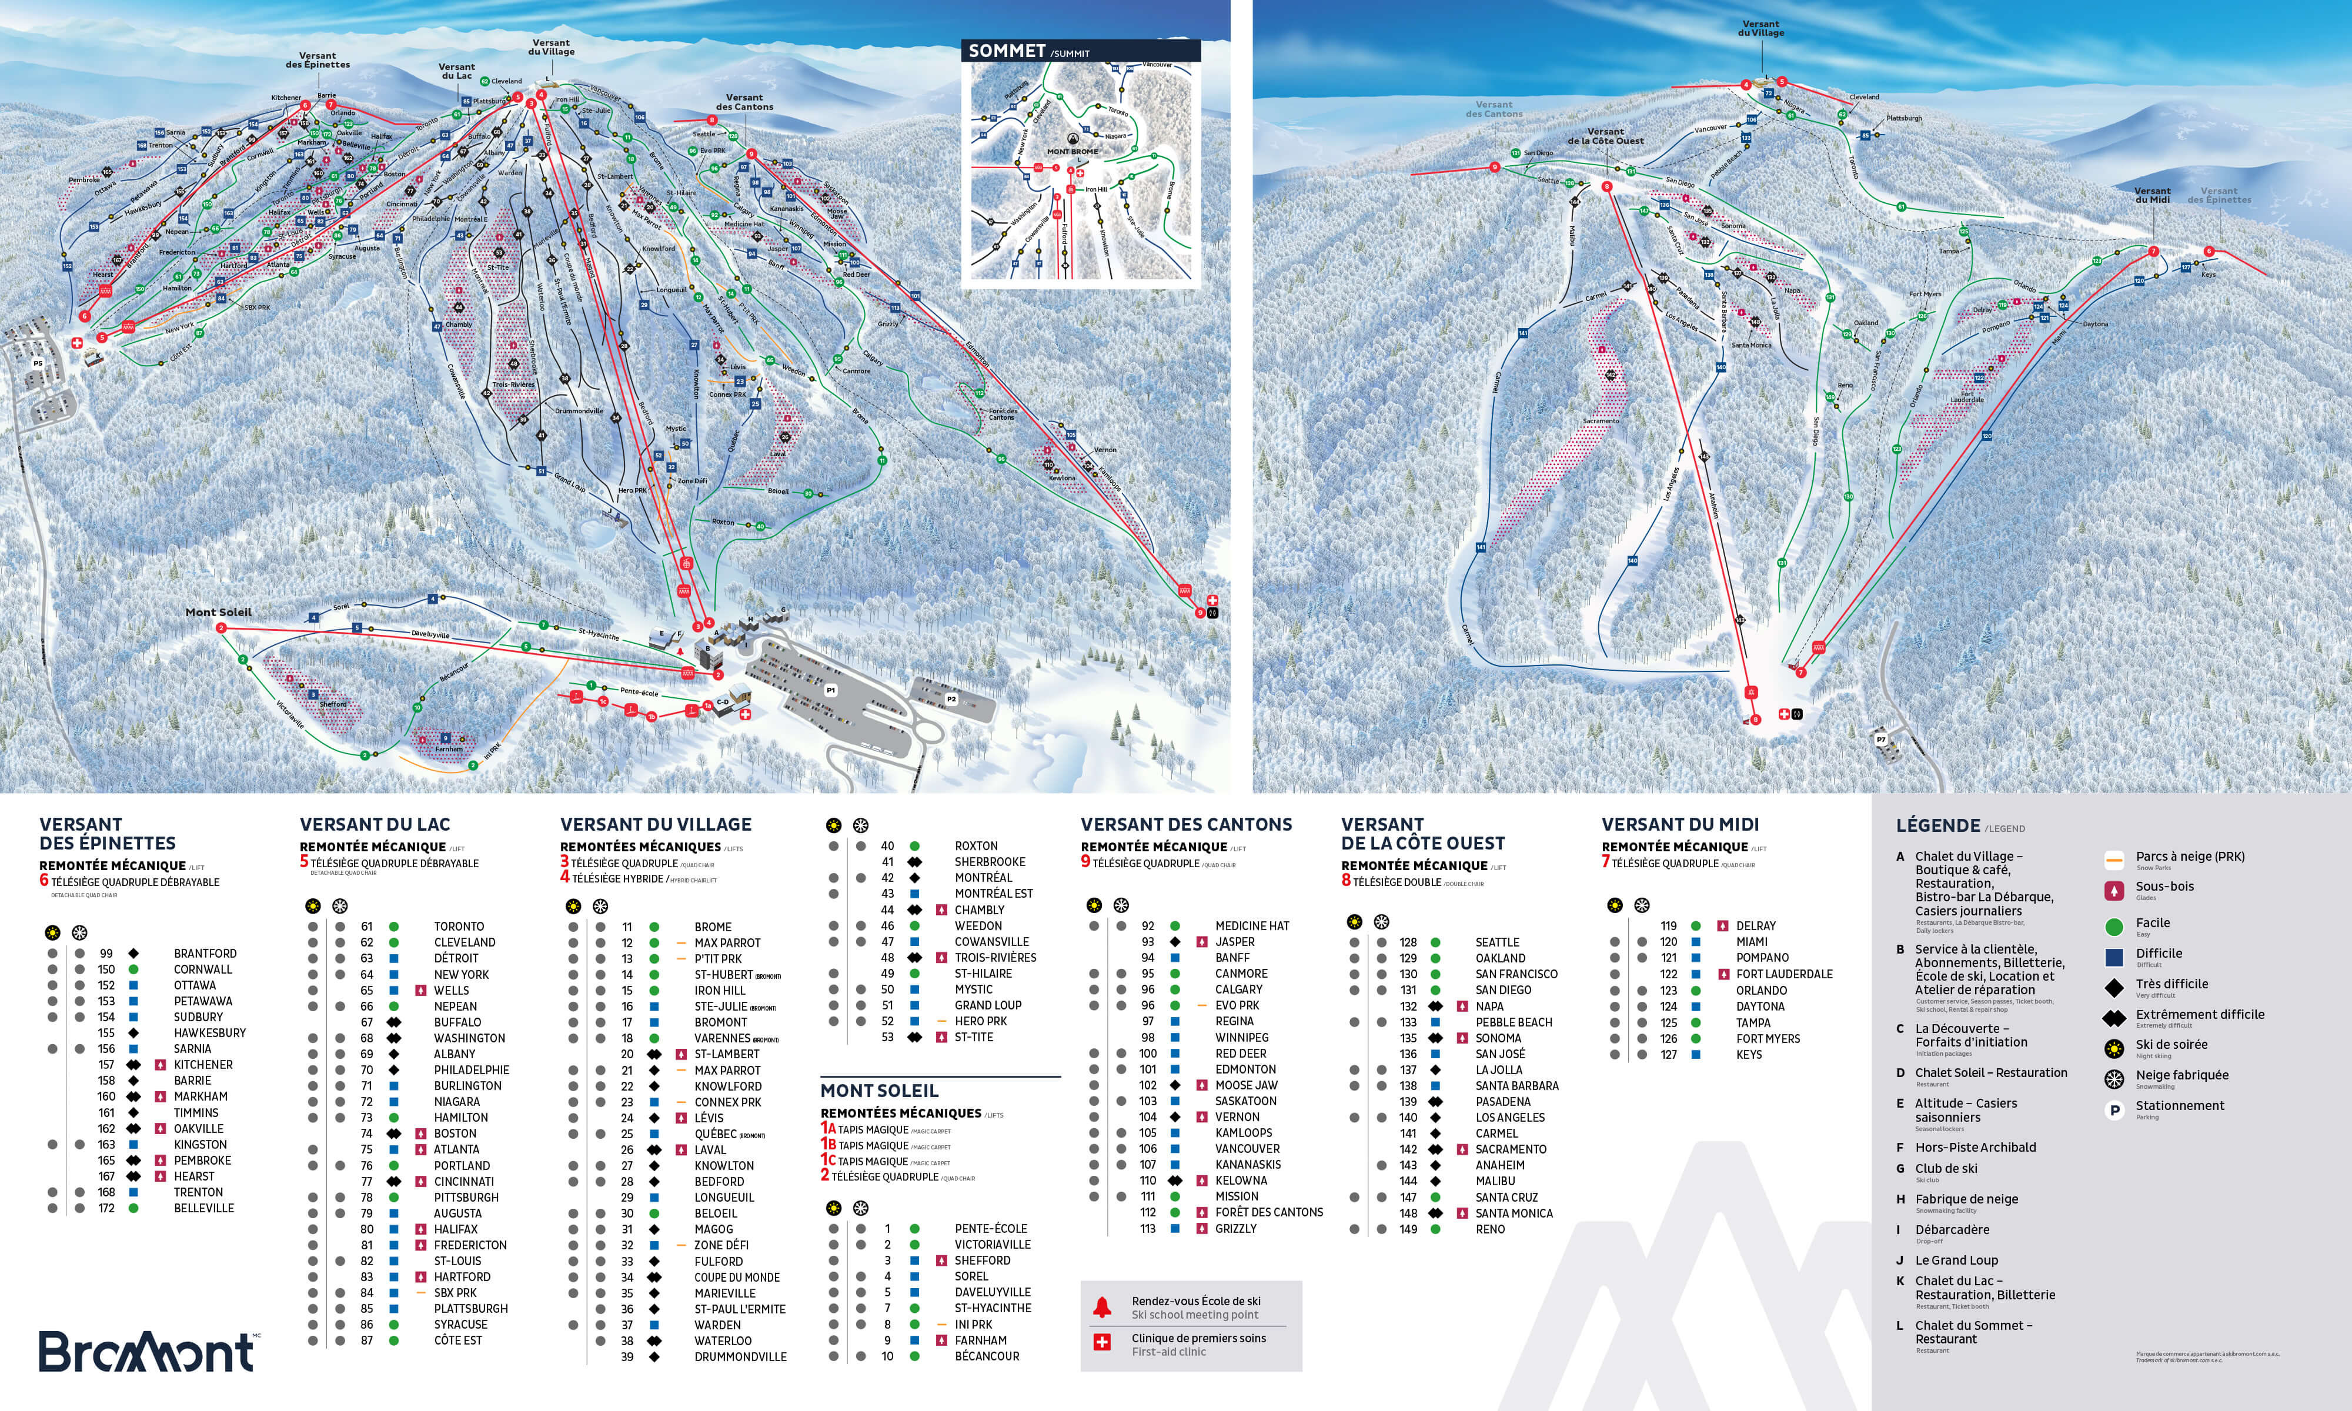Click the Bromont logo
148,1351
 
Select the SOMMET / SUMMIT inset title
1028,51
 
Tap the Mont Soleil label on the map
219,613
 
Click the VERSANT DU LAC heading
375,824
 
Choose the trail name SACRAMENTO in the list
1511,1149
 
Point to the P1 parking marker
830,690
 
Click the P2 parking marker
951,699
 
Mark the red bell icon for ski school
1102,1308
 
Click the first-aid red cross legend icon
1102,1343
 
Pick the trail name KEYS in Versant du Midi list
1748,1055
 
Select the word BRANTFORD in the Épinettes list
205,954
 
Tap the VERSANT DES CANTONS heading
1185,824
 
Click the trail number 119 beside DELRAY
1669,926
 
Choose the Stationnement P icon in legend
2114,1109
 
